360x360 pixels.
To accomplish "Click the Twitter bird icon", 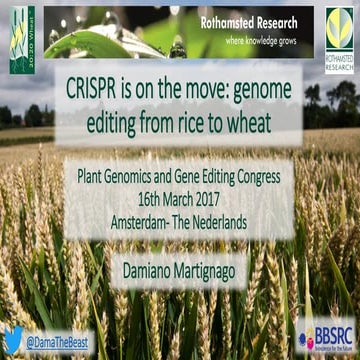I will pyautogui.click(x=13, y=340).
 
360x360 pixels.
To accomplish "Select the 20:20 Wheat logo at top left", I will pyautogui.click(x=22, y=38).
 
